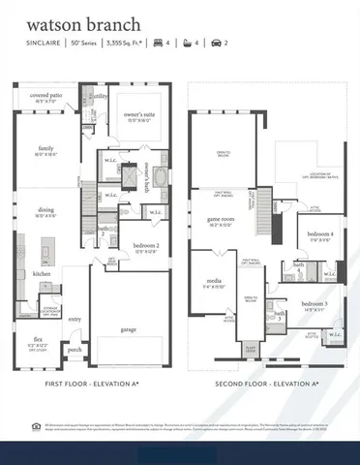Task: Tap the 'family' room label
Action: pyautogui.click(x=45, y=148)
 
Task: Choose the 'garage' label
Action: pyautogui.click(x=128, y=328)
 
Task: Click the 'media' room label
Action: pyautogui.click(x=211, y=282)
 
